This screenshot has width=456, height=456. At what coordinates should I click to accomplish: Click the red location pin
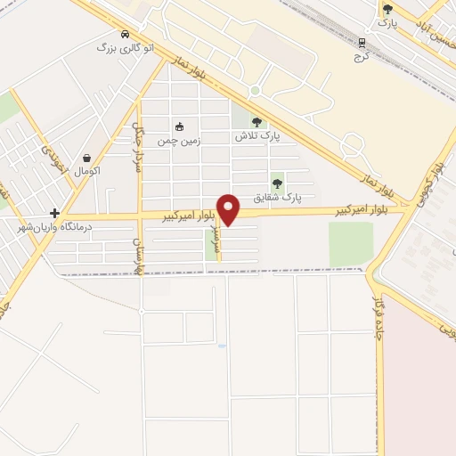point(230,209)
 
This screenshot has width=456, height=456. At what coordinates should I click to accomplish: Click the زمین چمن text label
point(179,140)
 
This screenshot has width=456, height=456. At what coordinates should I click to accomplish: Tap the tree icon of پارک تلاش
point(257,123)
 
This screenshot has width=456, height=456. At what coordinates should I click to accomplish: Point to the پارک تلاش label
point(257,137)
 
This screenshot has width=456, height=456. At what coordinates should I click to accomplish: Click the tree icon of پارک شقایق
point(278,183)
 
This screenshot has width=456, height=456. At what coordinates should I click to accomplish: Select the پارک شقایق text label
point(278,197)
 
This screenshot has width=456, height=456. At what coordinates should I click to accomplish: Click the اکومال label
point(87,169)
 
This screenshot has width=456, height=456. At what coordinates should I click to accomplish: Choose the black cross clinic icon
point(55,213)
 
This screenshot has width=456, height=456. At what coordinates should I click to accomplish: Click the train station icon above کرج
point(362,42)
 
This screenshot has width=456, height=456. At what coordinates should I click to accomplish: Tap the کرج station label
point(362,55)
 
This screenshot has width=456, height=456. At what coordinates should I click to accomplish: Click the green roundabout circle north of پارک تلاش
point(255,91)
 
